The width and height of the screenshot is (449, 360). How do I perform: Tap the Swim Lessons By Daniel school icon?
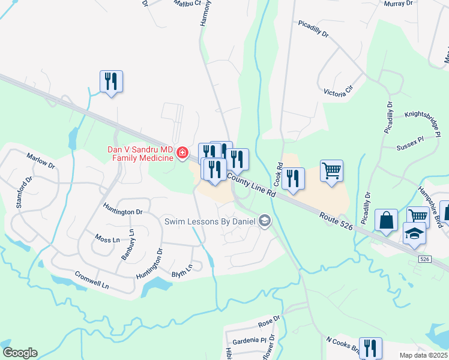click(x=264, y=222)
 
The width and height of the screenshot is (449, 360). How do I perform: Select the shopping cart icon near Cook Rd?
click(x=331, y=170)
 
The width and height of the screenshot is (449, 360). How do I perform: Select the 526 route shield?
click(x=424, y=259)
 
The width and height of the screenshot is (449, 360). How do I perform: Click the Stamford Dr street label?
click(x=24, y=191)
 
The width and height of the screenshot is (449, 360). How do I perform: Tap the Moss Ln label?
click(x=107, y=239)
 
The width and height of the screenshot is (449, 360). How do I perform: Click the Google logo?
click(x=20, y=353)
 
